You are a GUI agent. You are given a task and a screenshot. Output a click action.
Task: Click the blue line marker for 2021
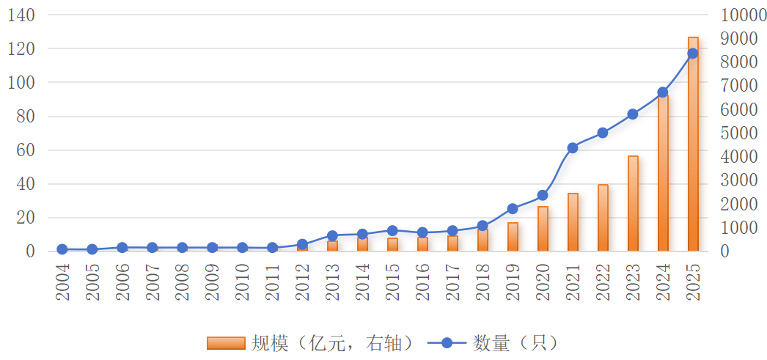pyautogui.click(x=573, y=148)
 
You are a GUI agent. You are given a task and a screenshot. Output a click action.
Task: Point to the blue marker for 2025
pyautogui.click(x=693, y=54)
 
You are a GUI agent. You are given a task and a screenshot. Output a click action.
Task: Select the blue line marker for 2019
pyautogui.click(x=513, y=209)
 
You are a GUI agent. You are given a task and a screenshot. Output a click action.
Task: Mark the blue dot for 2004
pyautogui.click(x=62, y=249)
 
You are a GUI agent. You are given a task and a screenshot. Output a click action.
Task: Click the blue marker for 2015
pyautogui.click(x=392, y=230)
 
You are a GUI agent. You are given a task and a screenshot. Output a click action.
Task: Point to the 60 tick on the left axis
pyautogui.click(x=26, y=150)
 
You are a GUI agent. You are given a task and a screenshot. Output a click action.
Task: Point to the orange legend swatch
pyautogui.click(x=225, y=342)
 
